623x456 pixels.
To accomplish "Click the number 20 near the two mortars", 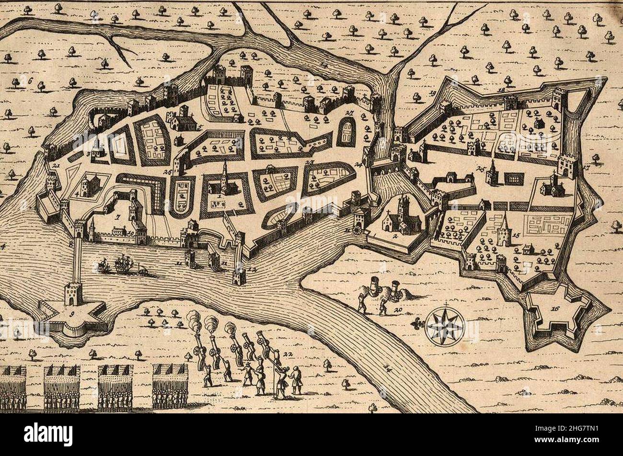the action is pos(397,310).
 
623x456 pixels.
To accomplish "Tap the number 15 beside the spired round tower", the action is pos(516,236).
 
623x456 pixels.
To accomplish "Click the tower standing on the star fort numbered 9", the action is pos(73,293).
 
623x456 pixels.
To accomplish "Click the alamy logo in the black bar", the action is pos(48,434).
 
